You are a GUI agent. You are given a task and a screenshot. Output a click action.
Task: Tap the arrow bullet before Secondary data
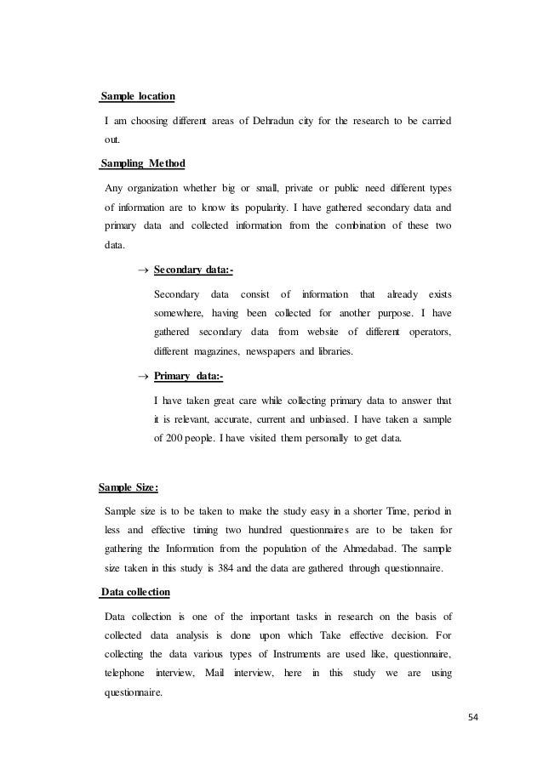(143, 271)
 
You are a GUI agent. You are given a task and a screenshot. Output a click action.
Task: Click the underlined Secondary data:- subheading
(193, 270)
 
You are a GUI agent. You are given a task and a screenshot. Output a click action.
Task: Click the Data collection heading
(136, 591)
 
